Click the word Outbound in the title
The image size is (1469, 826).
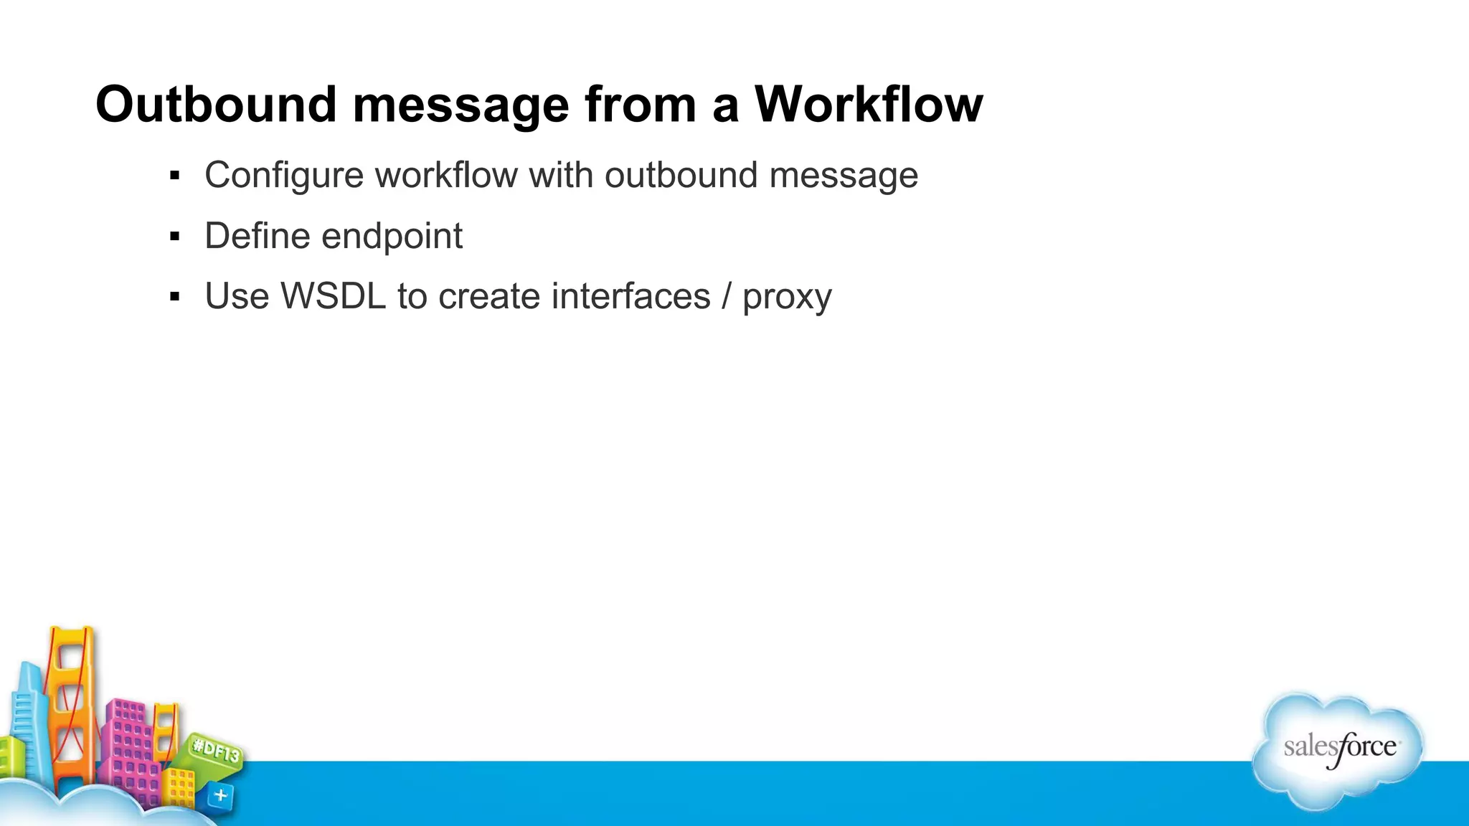[x=216, y=105]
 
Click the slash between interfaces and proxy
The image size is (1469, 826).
[x=727, y=296]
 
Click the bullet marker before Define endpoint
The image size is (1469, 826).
[x=174, y=236]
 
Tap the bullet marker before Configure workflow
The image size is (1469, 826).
[x=174, y=176]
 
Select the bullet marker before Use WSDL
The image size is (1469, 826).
[x=174, y=296]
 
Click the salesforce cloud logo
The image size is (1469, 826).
[x=1338, y=749]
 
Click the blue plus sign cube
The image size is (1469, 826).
[x=220, y=795]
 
